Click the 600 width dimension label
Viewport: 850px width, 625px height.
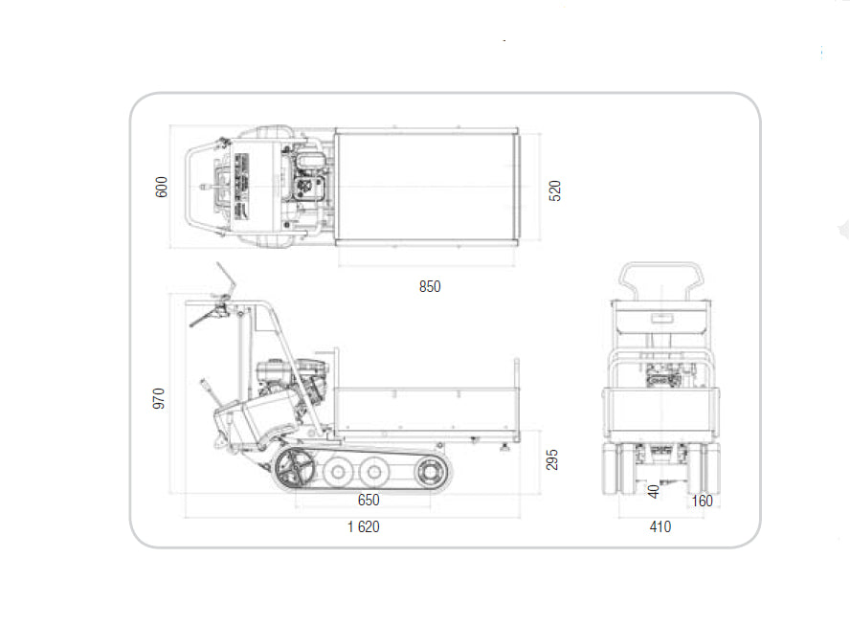(x=162, y=187)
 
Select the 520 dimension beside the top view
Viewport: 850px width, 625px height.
(x=554, y=190)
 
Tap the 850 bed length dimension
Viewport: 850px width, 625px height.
(x=430, y=286)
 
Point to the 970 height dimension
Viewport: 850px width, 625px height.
(x=158, y=398)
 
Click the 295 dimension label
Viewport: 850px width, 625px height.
(x=552, y=459)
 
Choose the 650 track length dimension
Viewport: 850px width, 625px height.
(x=369, y=500)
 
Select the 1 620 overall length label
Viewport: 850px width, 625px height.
(x=363, y=526)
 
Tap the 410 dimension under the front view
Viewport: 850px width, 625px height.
(x=660, y=526)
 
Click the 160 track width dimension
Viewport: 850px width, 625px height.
(x=702, y=501)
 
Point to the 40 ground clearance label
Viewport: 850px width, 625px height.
(x=654, y=492)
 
